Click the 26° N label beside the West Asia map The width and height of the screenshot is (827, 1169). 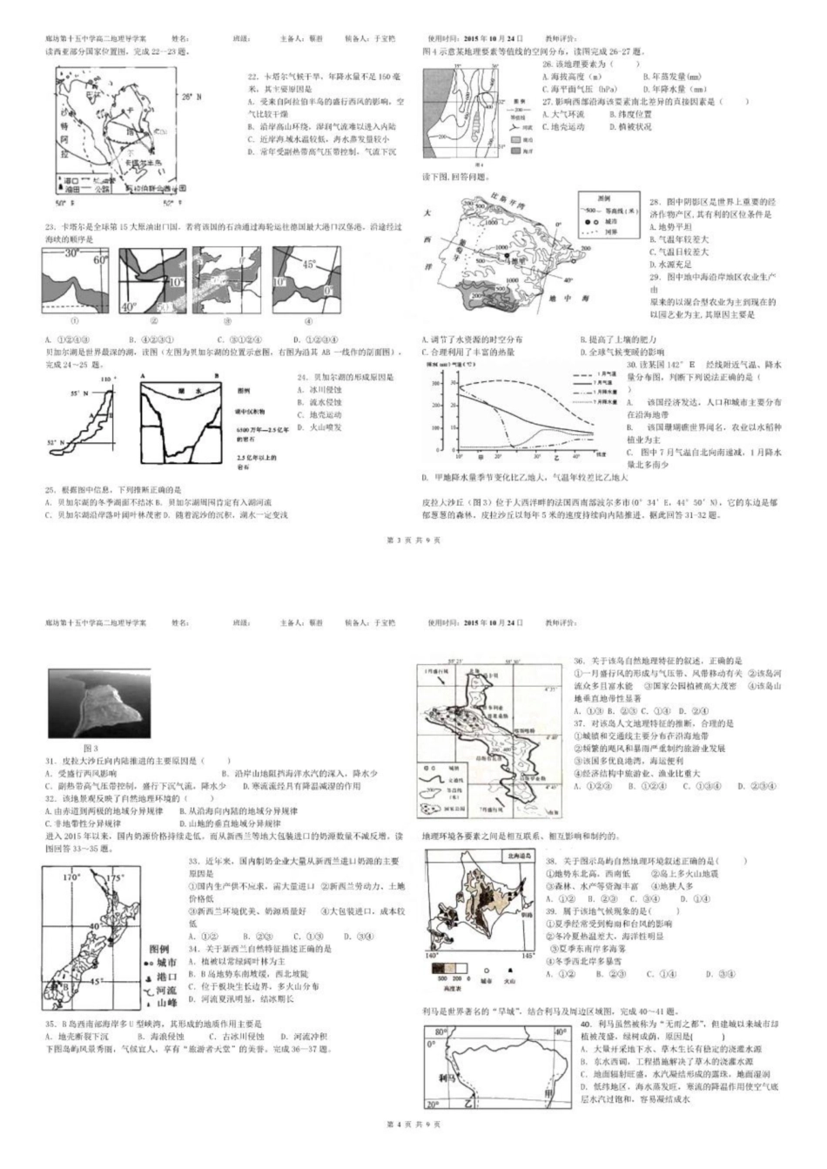tap(190, 97)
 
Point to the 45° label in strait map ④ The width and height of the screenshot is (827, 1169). tap(308, 265)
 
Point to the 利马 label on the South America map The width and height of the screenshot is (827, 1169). tap(449, 1077)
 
